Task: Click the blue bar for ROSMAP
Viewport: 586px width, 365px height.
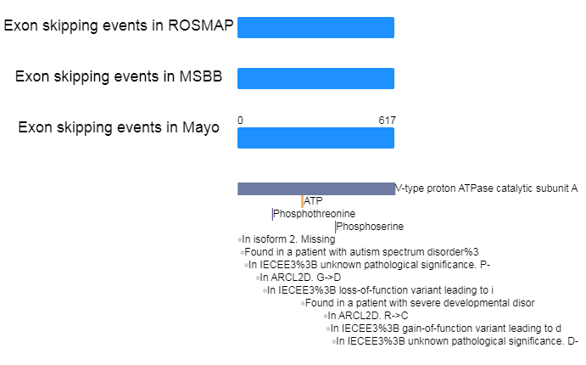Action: [x=315, y=27]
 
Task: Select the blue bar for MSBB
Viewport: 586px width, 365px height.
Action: [x=315, y=79]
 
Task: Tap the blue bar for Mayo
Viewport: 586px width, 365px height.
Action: [x=315, y=138]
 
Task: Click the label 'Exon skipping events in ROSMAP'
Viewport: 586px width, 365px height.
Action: [x=119, y=25]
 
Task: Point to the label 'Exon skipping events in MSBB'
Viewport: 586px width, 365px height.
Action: [x=119, y=76]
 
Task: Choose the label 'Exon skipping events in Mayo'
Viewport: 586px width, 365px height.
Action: [x=119, y=127]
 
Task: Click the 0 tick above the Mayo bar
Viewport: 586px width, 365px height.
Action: [x=240, y=121]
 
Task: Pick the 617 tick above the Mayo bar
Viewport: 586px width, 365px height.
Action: [x=387, y=121]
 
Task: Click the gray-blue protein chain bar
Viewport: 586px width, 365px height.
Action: [x=316, y=188]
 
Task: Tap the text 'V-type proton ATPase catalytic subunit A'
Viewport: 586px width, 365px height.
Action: [x=486, y=188]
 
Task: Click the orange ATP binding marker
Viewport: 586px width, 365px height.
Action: [x=302, y=201]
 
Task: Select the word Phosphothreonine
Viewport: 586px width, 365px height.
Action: [x=314, y=214]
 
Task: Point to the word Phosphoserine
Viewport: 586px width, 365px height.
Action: [x=370, y=227]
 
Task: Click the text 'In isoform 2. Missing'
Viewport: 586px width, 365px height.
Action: [x=288, y=239]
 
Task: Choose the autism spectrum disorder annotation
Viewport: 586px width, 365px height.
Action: [x=361, y=252]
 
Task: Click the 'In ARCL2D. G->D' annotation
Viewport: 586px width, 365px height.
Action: [x=300, y=278]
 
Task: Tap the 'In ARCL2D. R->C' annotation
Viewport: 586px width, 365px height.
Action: [x=368, y=316]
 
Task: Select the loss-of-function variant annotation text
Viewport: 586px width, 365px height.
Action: [x=380, y=290]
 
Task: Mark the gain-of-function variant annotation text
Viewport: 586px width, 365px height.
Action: [x=446, y=328]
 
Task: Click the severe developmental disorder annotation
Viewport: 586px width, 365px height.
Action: [x=420, y=303]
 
